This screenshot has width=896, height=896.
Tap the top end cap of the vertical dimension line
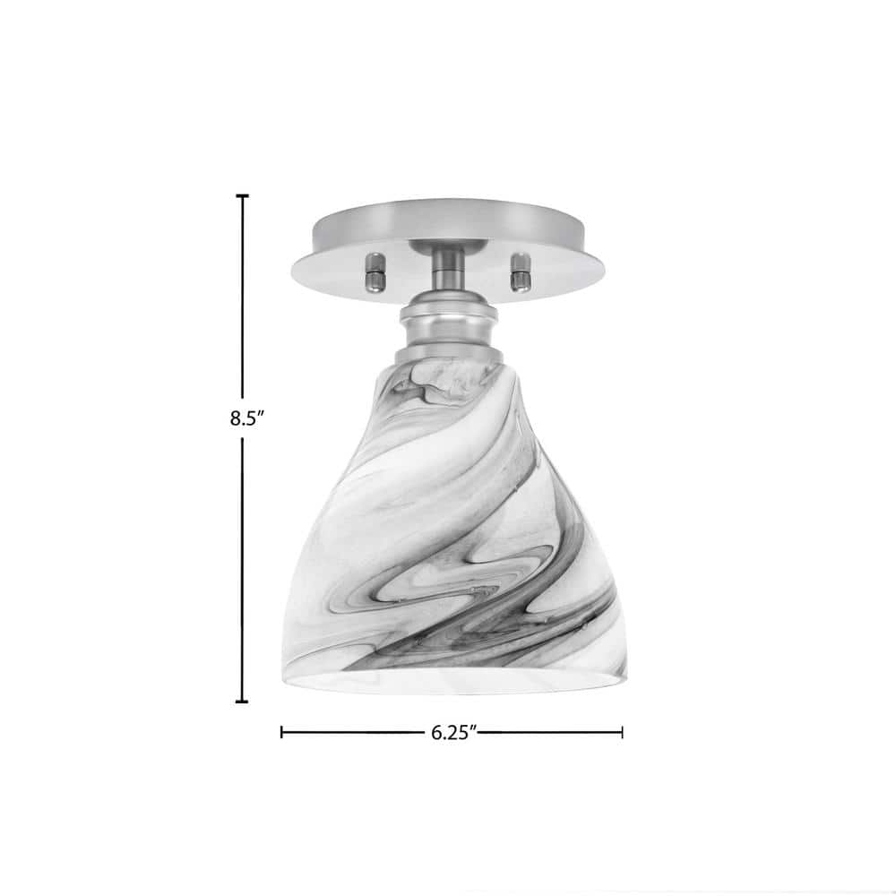(242, 195)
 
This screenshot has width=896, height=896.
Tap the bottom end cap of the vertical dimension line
(242, 701)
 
